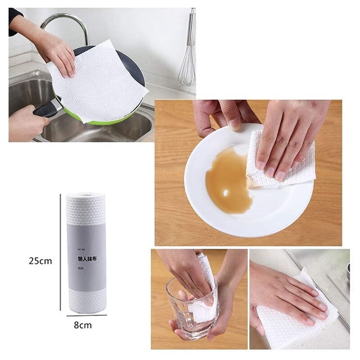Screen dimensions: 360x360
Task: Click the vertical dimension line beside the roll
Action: click(x=60, y=252)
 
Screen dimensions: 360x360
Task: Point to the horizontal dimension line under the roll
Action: click(x=86, y=315)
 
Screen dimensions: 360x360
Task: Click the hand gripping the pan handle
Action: click(x=25, y=121)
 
